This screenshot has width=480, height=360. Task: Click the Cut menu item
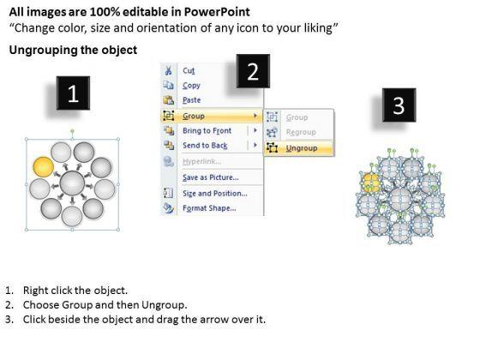tap(189, 70)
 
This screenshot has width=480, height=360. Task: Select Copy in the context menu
tap(191, 86)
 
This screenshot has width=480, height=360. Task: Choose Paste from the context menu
tap(192, 100)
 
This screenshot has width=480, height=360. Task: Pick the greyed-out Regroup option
tap(301, 132)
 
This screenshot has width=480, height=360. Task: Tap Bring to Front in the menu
tap(207, 130)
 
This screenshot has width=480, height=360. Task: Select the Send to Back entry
tap(205, 146)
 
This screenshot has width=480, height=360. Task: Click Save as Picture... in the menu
tap(211, 177)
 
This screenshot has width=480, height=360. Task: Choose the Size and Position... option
tap(215, 194)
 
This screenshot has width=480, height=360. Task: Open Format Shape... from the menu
tap(209, 208)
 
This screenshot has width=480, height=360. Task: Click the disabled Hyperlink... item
tap(202, 161)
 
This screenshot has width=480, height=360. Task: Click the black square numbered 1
tap(73, 93)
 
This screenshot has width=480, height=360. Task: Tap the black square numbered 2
tap(253, 71)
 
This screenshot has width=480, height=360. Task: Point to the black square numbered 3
tap(399, 105)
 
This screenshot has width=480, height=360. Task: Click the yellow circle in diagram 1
tap(43, 167)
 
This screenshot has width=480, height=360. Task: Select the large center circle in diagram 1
tap(72, 183)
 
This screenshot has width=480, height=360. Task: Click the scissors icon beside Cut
tap(168, 70)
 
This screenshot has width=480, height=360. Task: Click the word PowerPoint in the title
tap(217, 12)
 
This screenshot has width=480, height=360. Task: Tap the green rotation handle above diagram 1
tap(72, 131)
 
